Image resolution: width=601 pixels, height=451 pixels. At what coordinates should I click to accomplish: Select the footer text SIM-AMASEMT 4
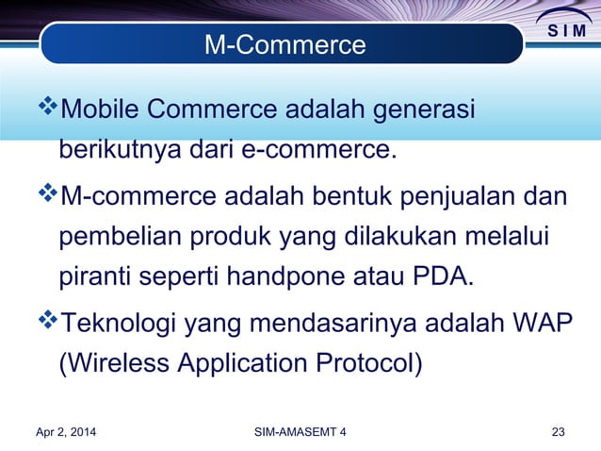[300, 432]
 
